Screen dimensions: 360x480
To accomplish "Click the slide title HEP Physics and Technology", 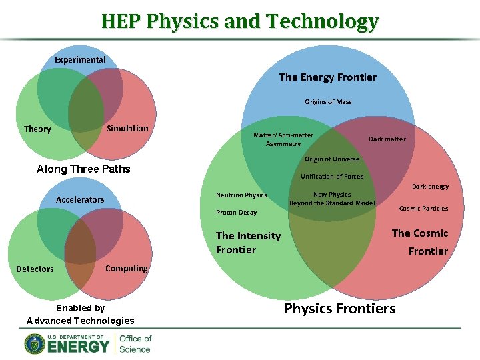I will (x=239, y=21).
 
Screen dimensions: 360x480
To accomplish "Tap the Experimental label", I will (x=80, y=59).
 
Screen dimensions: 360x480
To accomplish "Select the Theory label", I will (x=37, y=129).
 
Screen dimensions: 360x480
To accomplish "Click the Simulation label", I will (x=127, y=128).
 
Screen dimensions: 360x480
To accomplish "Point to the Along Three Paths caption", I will (x=83, y=169).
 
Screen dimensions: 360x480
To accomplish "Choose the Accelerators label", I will (x=80, y=199).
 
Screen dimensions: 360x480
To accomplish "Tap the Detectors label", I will (x=35, y=269).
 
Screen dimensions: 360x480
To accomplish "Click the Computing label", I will (x=127, y=268).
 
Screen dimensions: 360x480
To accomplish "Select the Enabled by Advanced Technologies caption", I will (x=80, y=314).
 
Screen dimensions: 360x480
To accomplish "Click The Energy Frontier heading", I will (x=327, y=77).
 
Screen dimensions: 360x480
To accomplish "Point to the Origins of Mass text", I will (x=328, y=102).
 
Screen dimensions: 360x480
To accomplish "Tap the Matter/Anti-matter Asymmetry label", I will (x=283, y=139).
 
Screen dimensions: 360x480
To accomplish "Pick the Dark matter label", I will (x=387, y=139).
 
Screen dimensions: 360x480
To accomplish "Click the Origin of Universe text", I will (x=332, y=159).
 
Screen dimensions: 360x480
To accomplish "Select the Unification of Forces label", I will (x=332, y=177).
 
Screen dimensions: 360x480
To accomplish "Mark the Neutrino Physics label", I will (x=241, y=195).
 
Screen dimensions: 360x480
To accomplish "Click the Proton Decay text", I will (x=236, y=213).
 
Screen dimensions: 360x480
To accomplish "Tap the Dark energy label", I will (x=430, y=187).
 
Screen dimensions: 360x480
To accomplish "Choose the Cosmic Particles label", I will (x=423, y=209).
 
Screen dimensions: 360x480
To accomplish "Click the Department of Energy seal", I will (x=35, y=343).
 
